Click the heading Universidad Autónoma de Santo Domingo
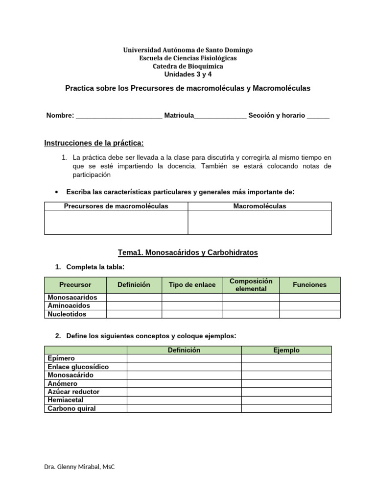pyautogui.click(x=188, y=50)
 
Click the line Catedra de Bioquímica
pyautogui.click(x=188, y=66)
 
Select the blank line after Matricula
pyautogui.click(x=220, y=116)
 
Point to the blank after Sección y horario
pyautogui.click(x=319, y=116)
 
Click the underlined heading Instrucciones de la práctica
pyautogui.click(x=94, y=143)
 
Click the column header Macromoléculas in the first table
pyautogui.click(x=259, y=206)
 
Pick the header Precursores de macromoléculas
pyautogui.click(x=116, y=206)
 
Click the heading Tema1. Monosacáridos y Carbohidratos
pyautogui.click(x=188, y=252)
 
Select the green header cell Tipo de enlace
pyautogui.click(x=192, y=285)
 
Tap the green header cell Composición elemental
pyautogui.click(x=251, y=285)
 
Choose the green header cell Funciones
pyautogui.click(x=309, y=285)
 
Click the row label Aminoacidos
pyautogui.click(x=69, y=305)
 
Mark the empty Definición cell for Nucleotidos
pyautogui.click(x=134, y=314)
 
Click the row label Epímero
pyautogui.click(x=61, y=358)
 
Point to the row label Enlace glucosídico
pyautogui.click(x=78, y=367)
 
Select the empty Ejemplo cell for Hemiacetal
pyautogui.click(x=286, y=400)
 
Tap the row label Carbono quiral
pyautogui.click(x=71, y=408)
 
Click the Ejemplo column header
pyautogui.click(x=286, y=350)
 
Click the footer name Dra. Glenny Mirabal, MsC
pyautogui.click(x=79, y=467)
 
